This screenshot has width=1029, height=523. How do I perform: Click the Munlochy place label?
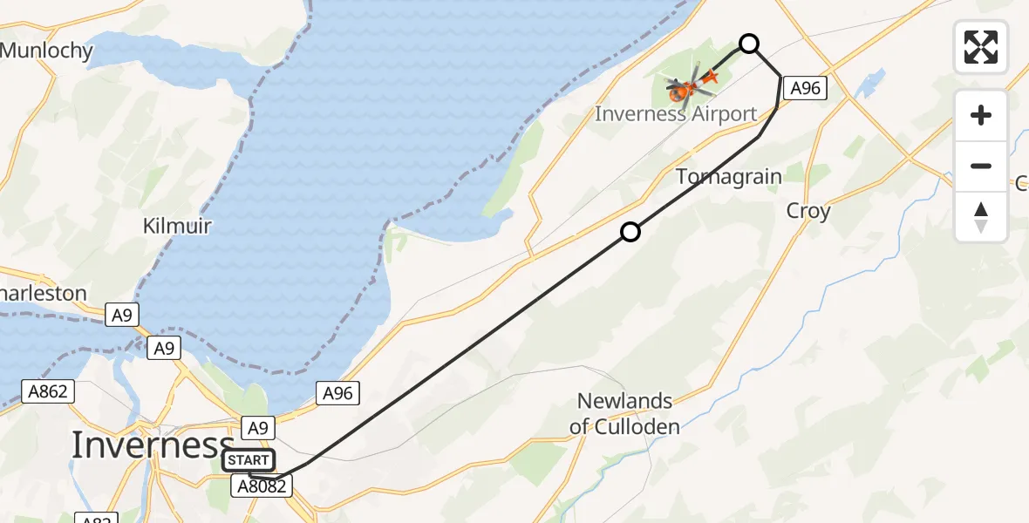(x=46, y=51)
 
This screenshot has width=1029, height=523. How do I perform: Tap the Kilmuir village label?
(x=177, y=227)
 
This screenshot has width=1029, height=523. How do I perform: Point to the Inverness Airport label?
(x=676, y=114)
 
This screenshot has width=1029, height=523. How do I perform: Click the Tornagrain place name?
(x=729, y=177)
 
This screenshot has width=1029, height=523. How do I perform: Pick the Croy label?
(x=808, y=211)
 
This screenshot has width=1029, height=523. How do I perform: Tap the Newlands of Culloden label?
(x=624, y=413)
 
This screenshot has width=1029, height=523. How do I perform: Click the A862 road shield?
(x=47, y=392)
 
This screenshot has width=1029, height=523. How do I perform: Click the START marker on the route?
(x=249, y=459)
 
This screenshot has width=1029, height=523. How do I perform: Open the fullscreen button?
(x=981, y=47)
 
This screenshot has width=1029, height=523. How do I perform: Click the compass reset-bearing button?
(x=981, y=217)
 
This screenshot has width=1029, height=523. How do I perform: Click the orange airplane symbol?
(x=708, y=78)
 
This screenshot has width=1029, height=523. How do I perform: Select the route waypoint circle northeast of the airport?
(x=748, y=44)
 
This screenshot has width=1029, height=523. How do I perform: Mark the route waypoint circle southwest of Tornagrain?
(x=630, y=232)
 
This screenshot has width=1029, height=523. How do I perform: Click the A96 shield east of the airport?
(x=805, y=87)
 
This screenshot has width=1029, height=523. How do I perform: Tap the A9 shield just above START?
(x=258, y=428)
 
